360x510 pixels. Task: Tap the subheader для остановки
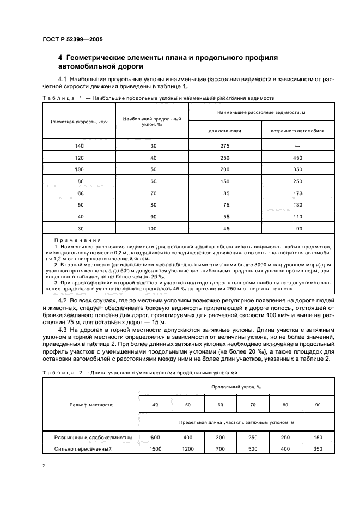point(224,131)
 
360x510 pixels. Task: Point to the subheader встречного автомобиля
point(297,131)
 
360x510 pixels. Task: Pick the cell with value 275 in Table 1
point(224,146)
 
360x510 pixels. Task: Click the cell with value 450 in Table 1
point(297,159)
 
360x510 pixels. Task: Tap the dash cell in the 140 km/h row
point(297,146)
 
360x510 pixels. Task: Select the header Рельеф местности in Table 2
point(90,405)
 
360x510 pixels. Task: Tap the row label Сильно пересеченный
point(83,449)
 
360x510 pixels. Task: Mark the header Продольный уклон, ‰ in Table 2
point(229,386)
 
